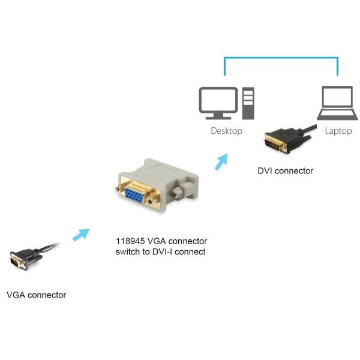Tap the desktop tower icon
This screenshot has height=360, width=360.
tap(248, 103)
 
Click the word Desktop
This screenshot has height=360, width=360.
tap(226, 130)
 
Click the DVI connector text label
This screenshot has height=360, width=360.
tap(285, 171)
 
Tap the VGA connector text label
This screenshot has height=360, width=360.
tap(36, 295)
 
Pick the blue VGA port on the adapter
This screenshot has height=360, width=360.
tap(137, 196)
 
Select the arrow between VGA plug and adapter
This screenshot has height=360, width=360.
tap(80, 234)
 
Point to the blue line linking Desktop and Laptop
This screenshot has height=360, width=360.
tap(281, 58)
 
